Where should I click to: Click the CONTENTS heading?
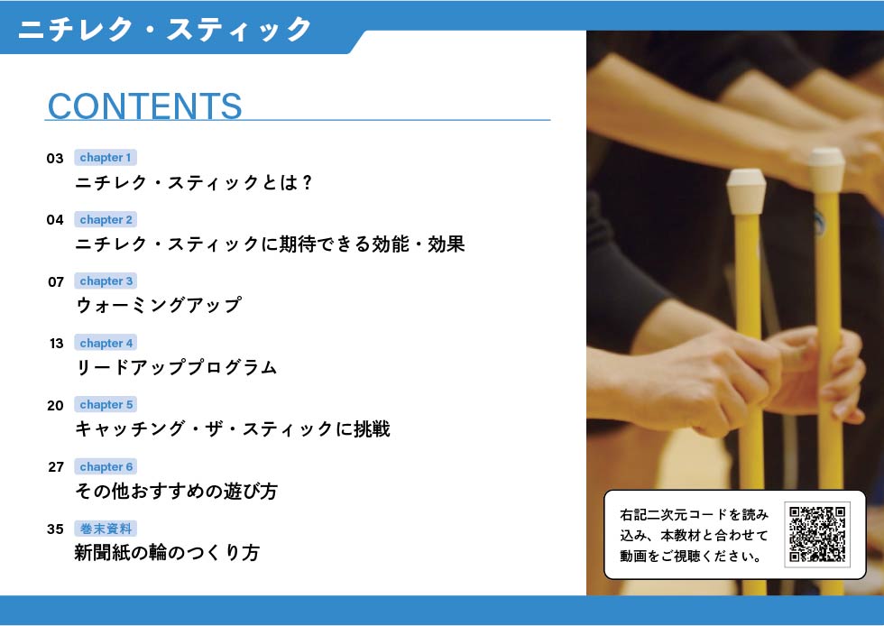pyautogui.click(x=145, y=106)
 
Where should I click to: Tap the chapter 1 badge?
pyautogui.click(x=106, y=157)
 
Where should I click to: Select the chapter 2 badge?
pyautogui.click(x=106, y=219)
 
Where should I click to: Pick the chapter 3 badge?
pyautogui.click(x=106, y=281)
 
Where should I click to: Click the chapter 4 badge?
pyautogui.click(x=106, y=343)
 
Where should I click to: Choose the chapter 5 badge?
pyautogui.click(x=106, y=404)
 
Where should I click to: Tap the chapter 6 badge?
pyautogui.click(x=106, y=466)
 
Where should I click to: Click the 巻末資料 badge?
pyautogui.click(x=106, y=529)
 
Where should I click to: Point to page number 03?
pyautogui.click(x=55, y=159)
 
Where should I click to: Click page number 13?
pyautogui.click(x=56, y=344)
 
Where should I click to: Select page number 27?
pyautogui.click(x=56, y=467)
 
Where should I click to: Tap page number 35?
pyautogui.click(x=55, y=529)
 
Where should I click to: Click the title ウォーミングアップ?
pyautogui.click(x=159, y=305)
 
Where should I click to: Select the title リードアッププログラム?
pyautogui.click(x=176, y=367)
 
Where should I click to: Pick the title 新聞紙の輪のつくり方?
pyautogui.click(x=167, y=552)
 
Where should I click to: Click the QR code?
pyautogui.click(x=817, y=534)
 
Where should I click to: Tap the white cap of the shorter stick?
pyautogui.click(x=747, y=191)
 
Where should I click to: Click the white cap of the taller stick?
pyautogui.click(x=826, y=170)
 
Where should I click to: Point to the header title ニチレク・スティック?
pyautogui.click(x=164, y=29)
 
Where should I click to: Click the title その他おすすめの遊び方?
pyautogui.click(x=176, y=491)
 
